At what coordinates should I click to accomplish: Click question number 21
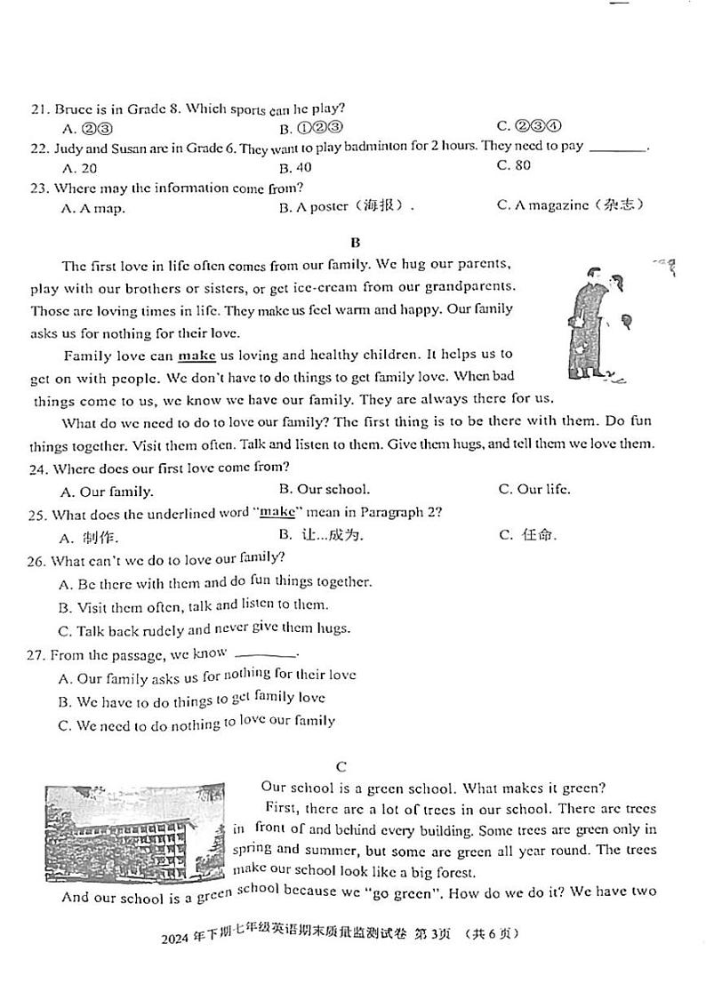point(38,110)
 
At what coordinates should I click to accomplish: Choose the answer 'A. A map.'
point(92,208)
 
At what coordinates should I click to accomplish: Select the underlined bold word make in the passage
point(197,356)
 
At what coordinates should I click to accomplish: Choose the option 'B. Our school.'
point(324,489)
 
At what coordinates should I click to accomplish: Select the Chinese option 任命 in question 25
point(539,535)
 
